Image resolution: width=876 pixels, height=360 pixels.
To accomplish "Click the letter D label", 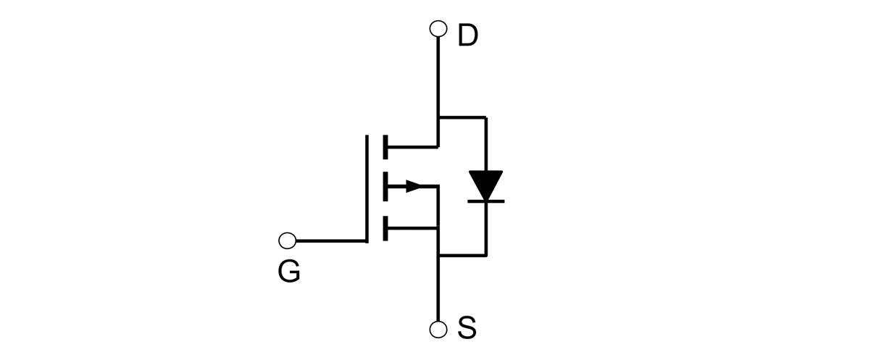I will click(468, 35).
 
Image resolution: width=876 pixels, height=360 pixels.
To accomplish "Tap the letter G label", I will click(288, 272).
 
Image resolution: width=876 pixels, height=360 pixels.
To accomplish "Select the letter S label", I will click(467, 329).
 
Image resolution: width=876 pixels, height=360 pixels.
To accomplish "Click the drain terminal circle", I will click(438, 29).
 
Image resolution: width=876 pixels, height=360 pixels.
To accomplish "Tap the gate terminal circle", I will click(287, 240).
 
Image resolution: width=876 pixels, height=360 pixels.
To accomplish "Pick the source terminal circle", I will click(438, 330).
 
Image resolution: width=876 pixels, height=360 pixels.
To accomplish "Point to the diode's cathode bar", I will click(485, 200).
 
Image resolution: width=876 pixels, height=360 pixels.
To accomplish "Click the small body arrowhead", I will click(413, 187).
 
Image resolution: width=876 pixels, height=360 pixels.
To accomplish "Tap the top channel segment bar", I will click(384, 146).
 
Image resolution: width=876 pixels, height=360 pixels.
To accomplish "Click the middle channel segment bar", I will click(384, 187).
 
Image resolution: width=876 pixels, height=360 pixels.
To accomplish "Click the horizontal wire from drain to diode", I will click(462, 117).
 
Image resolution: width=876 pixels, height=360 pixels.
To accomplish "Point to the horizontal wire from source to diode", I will click(462, 256).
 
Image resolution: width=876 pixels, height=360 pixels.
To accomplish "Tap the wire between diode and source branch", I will click(485, 228).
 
